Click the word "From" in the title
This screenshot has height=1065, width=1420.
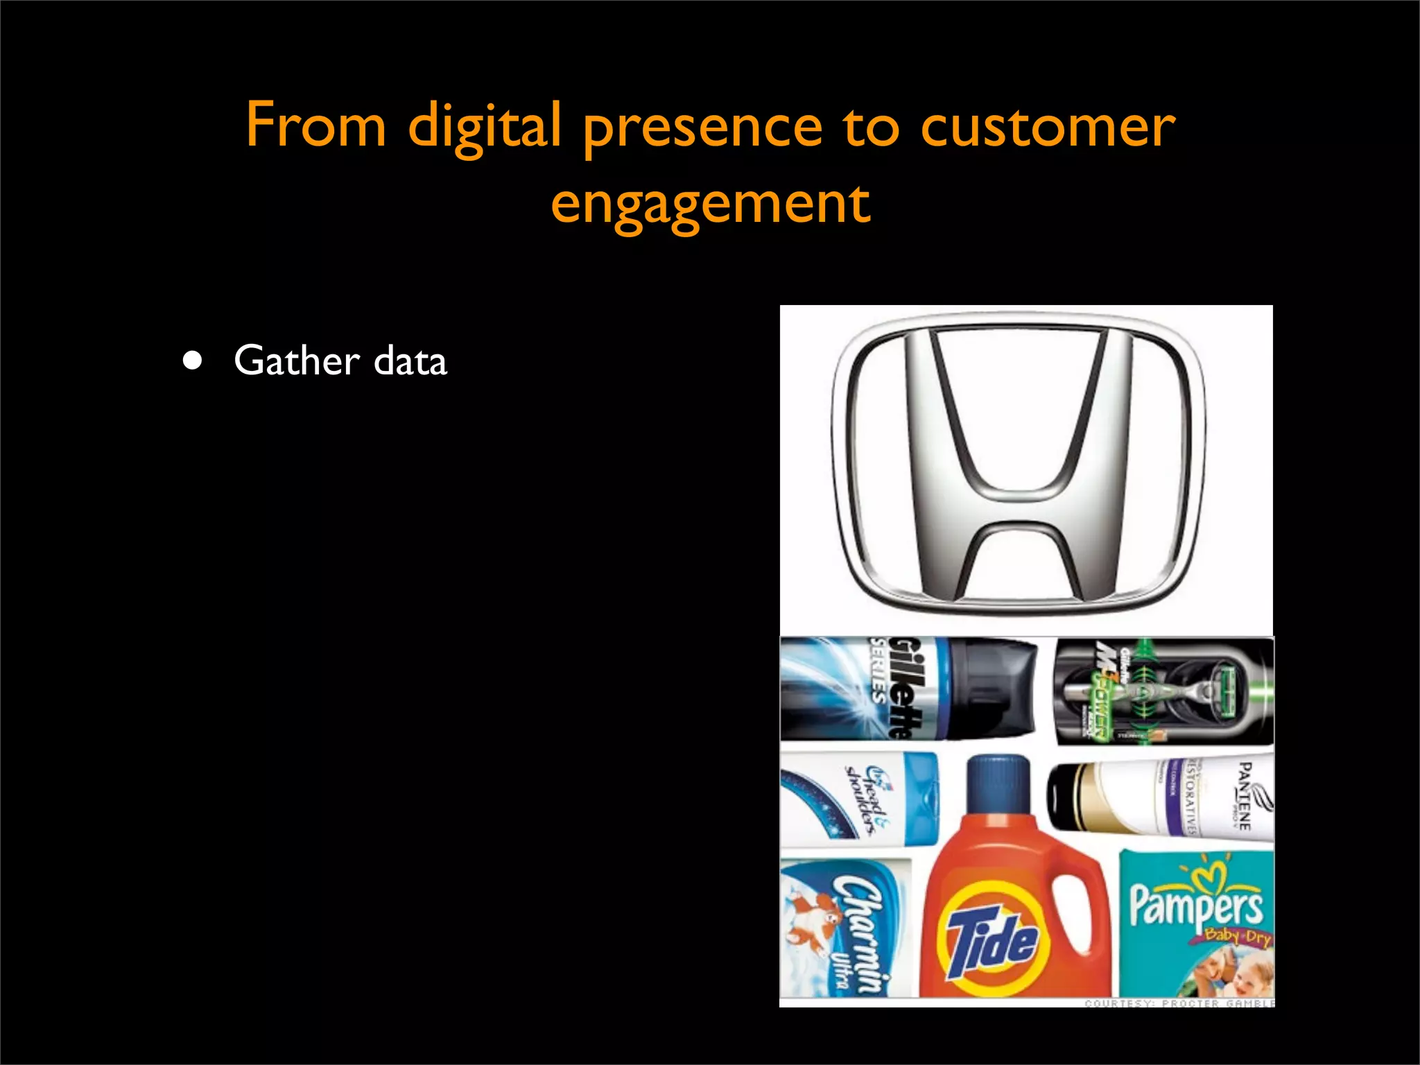tap(315, 126)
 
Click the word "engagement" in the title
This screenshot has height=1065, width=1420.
tap(710, 204)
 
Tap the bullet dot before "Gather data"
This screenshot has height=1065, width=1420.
tap(193, 361)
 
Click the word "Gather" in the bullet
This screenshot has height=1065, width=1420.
tap(297, 361)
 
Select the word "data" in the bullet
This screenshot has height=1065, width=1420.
tap(410, 361)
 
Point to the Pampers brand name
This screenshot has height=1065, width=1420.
tap(1196, 903)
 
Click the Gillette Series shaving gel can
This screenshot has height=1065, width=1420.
tap(908, 688)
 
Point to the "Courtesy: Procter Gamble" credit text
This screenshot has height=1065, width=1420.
tap(1179, 1003)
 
